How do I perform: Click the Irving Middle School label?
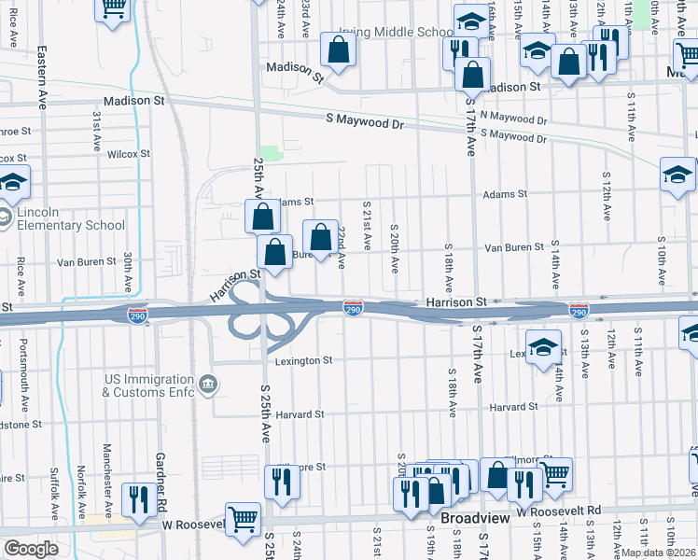(397, 32)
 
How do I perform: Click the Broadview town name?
(473, 517)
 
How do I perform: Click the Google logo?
(31, 548)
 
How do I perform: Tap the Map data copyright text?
(657, 553)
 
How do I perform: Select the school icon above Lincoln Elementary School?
(13, 182)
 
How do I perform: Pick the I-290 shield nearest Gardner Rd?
(137, 315)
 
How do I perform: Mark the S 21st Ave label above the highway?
(367, 226)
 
